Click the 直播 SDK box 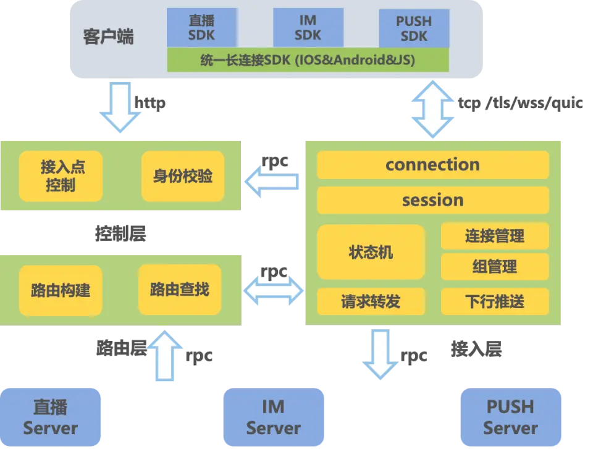click(x=202, y=28)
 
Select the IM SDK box click(x=308, y=28)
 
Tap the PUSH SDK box click(x=414, y=28)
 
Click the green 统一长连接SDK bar click(x=308, y=61)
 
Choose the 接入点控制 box click(x=60, y=176)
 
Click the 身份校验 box click(x=182, y=176)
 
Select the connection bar click(x=432, y=165)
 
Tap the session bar click(x=432, y=200)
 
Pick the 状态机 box click(x=371, y=252)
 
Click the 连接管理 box click(x=495, y=236)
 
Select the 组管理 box click(x=495, y=267)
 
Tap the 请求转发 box click(x=371, y=301)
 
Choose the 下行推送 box click(x=495, y=301)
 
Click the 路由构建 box click(x=60, y=289)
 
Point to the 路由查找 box click(x=180, y=288)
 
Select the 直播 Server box click(x=51, y=418)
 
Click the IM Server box click(x=273, y=418)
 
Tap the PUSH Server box click(x=510, y=418)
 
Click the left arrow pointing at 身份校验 click(x=271, y=182)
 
